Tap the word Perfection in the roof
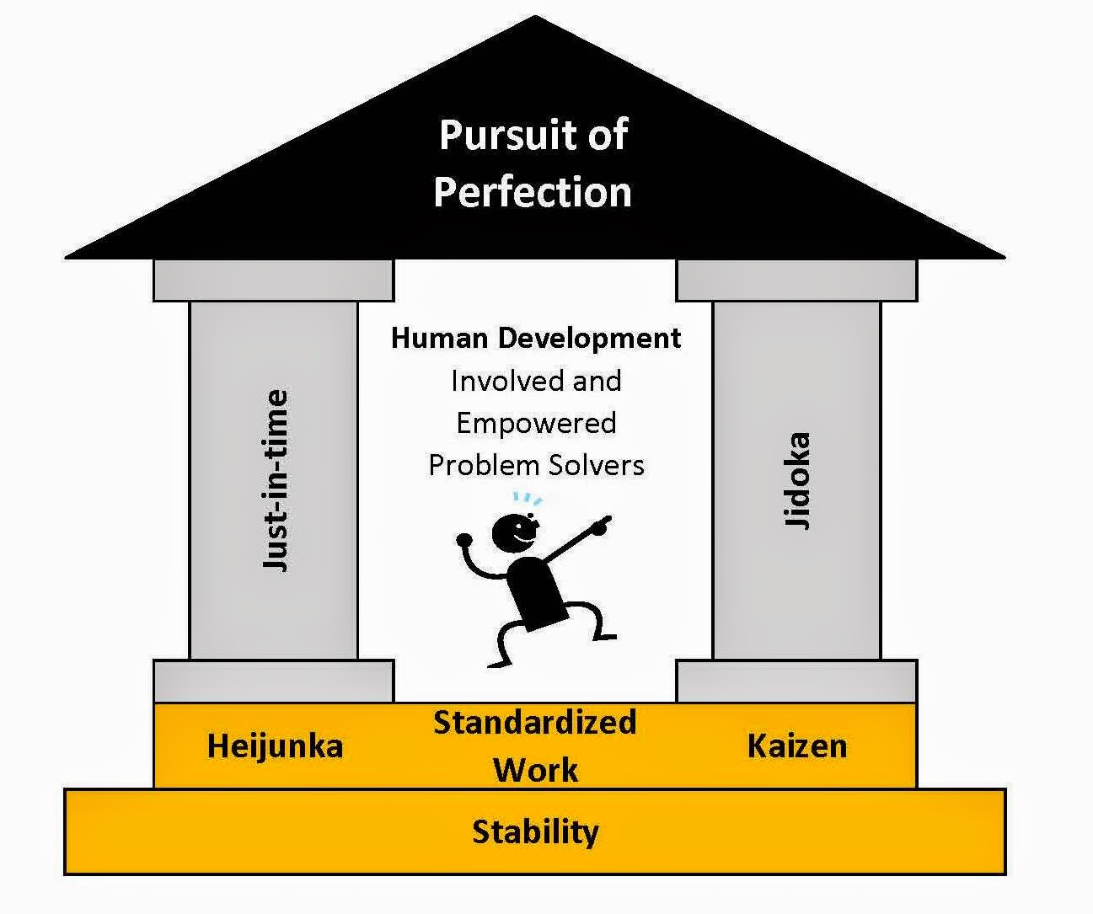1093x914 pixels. [x=533, y=191]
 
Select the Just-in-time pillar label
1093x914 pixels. [x=276, y=480]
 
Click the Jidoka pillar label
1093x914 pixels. [x=797, y=480]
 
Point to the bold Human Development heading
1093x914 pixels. [x=536, y=339]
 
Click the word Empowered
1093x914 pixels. [x=536, y=423]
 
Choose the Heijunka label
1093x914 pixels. [x=275, y=746]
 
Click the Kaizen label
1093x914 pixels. [x=797, y=746]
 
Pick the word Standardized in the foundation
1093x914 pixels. [x=534, y=723]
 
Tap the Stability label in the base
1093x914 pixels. [x=536, y=832]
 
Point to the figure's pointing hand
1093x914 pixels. [x=600, y=526]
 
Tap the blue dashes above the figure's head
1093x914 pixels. [x=528, y=499]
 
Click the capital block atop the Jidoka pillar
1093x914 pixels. [x=796, y=281]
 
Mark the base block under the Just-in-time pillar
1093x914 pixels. [x=274, y=681]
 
